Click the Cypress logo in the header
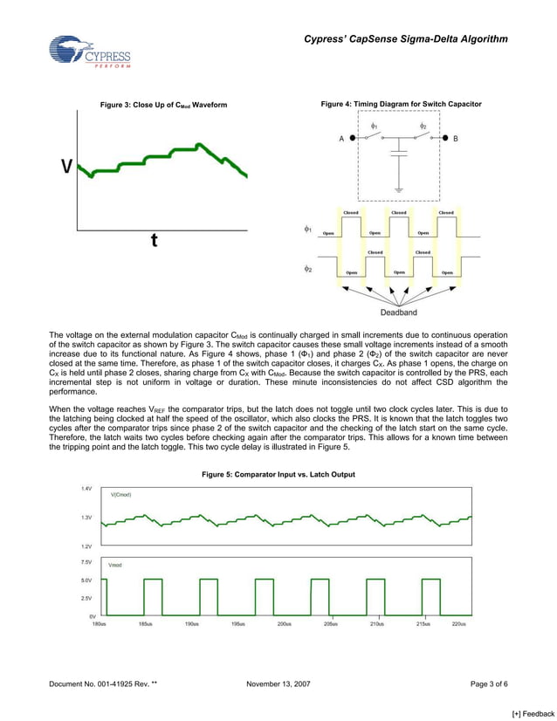coord(89,52)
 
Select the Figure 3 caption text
coord(163,106)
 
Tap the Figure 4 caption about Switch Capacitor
coord(401,105)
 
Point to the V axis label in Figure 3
coord(65,168)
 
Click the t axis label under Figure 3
coord(155,242)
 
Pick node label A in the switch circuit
coord(340,139)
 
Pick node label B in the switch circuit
coord(455,139)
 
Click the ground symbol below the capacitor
coord(398,188)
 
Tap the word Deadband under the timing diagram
coord(398,312)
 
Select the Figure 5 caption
coord(278,474)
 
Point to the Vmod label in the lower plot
coord(115,566)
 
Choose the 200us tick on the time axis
coord(284,624)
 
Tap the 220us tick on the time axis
coord(458,624)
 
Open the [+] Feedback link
coord(533,714)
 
